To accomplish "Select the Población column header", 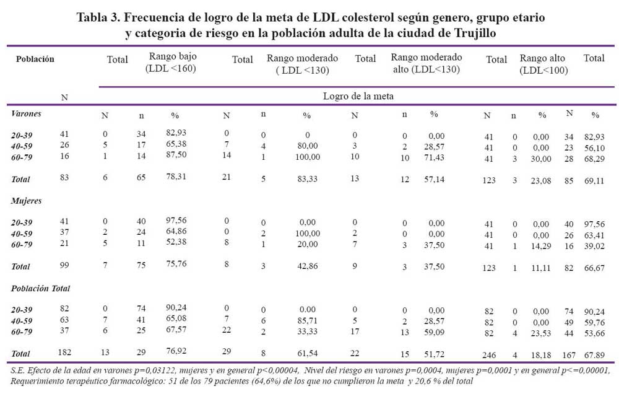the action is coord(35,59).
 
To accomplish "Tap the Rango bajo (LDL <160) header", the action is coord(171,63).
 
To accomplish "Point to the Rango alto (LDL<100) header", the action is coord(543,64).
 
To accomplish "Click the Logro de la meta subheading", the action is coord(358,96).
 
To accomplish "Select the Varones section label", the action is coord(26,114).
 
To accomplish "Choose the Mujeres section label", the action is coord(27,201).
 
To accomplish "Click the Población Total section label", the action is coord(40,288).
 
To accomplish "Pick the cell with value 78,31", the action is coord(176,177).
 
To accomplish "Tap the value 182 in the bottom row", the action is coord(64,351).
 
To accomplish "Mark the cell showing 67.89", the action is coord(594,355).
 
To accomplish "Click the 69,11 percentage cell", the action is coord(594,180).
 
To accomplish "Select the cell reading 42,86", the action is coord(308,266).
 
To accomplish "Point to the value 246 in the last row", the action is coord(489,355).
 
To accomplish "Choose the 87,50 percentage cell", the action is coord(176,154).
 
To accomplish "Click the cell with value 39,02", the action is coord(594,246).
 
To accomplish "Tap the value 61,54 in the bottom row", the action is coord(308,353).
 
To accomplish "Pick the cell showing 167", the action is coord(569,355).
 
